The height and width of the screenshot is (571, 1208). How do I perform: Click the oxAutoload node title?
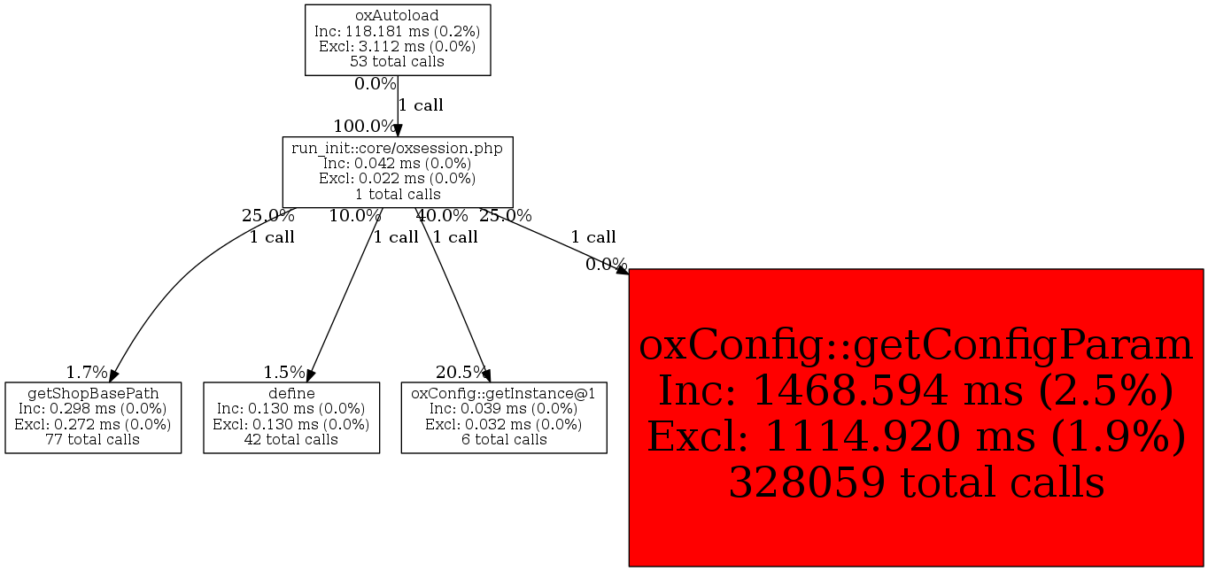[397, 16]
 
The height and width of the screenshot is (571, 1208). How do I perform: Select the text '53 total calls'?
[397, 61]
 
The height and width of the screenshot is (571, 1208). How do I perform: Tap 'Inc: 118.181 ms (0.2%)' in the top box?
[397, 31]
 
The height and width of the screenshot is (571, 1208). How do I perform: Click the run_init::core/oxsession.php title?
[397, 148]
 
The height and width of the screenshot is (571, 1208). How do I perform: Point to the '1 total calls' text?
[398, 194]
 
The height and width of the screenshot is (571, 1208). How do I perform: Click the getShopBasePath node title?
[93, 394]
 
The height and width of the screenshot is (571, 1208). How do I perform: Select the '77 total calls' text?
[93, 439]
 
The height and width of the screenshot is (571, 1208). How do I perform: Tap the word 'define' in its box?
[291, 393]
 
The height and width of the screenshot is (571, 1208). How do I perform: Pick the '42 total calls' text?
[291, 439]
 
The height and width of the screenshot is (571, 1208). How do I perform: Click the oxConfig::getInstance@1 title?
[503, 394]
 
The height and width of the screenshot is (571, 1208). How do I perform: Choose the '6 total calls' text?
[504, 439]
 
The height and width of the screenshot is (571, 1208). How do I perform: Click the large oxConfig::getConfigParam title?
[916, 345]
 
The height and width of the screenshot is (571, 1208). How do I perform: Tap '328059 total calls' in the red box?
[917, 482]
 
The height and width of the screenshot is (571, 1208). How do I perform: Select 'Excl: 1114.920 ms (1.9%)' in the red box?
[916, 436]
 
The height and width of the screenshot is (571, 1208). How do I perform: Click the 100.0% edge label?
[365, 127]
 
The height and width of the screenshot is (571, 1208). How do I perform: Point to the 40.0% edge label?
[442, 216]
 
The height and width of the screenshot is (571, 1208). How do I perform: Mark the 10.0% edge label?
[355, 216]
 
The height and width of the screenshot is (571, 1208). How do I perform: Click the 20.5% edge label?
[461, 372]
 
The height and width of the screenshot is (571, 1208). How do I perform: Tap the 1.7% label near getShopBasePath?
[87, 372]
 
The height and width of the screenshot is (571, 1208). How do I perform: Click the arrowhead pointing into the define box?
[310, 376]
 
